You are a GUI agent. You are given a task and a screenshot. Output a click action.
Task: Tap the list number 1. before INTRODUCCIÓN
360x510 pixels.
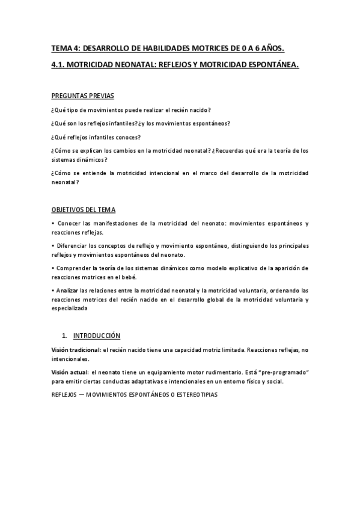coord(64,334)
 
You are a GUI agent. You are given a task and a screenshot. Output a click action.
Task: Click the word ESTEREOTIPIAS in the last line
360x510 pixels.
coord(193,395)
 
